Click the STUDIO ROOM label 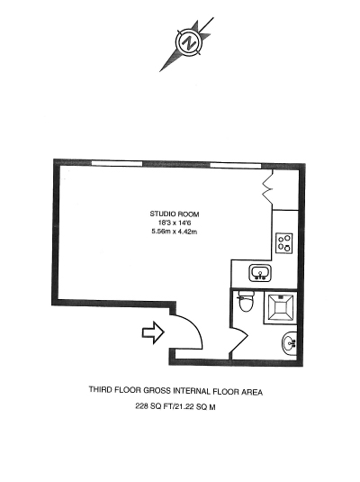[x=175, y=214]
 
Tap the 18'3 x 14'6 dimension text [x=175, y=223]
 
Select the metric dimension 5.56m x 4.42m [x=175, y=232]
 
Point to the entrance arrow [x=153, y=332]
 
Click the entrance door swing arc [x=193, y=325]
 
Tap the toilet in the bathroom [x=246, y=302]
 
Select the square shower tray [x=280, y=308]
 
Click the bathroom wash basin [x=289, y=343]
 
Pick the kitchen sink [x=260, y=273]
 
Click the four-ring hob [x=284, y=243]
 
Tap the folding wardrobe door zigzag [x=267, y=186]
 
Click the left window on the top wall [x=117, y=163]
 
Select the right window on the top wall [x=236, y=166]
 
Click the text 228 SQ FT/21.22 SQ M [x=175, y=406]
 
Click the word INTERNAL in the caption [x=193, y=391]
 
